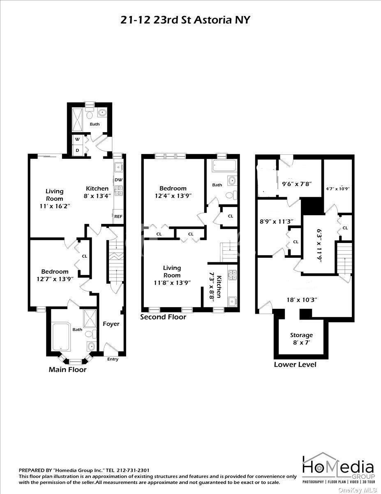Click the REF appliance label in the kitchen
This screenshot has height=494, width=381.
pos(118,217)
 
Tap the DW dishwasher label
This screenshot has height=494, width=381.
pos(118,179)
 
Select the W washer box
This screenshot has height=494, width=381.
pos(77,140)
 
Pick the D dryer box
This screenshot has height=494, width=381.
pos(77,150)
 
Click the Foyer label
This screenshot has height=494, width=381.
pos(111,324)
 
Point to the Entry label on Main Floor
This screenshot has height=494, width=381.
pos(113,359)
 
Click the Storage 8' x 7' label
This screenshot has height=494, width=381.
pos(301,339)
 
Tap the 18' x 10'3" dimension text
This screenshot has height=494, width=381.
pos(302,300)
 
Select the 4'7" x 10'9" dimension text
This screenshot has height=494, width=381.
pos(338,189)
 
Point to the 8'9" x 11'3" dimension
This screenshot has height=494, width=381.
pos(276,221)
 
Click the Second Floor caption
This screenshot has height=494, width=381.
pos(163,317)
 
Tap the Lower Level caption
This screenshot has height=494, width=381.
pos(295,364)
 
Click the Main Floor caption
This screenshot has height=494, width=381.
pos(68,369)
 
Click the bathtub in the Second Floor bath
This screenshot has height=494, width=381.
pos(224,166)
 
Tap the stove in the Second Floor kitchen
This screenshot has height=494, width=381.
pos(232,275)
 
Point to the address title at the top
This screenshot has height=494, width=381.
pos(185,20)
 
